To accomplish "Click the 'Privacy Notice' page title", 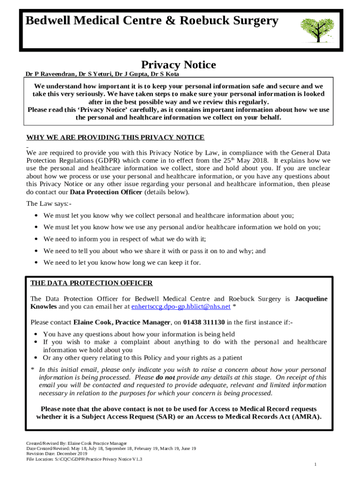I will pos(179,65).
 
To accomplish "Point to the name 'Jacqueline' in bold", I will pos(311,298).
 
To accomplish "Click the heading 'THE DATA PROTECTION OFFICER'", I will pos(91,283).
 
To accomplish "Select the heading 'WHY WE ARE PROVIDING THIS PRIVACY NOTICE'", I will pos(115,137).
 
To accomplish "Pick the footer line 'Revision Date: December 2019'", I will pos(57,454).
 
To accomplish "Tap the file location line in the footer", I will pos(84,459).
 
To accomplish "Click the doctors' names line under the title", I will pos(102,74).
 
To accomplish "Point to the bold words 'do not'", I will pos(166,377).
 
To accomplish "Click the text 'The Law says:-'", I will pos(49,203).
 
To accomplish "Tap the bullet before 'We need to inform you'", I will pos(36,239).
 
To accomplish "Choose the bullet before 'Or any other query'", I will pos(36,358).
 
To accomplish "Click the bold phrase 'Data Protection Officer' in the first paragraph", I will pos(106,192).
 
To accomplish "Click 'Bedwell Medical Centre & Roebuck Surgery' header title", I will pos(151,21).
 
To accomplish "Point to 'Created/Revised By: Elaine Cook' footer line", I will pos(76,443).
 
